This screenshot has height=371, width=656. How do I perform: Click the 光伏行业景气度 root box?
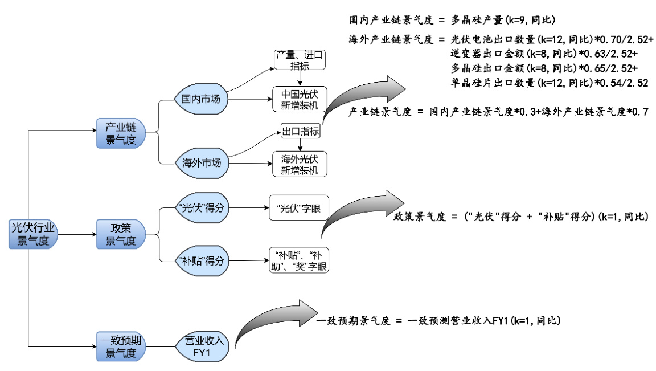coord(34,234)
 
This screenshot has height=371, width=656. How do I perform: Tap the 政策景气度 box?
coord(121,234)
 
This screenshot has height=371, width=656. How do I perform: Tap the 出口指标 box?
coord(300,132)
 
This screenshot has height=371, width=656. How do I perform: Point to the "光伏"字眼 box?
coord(298,209)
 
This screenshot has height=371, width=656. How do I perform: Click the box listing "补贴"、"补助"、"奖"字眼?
coord(298,260)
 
